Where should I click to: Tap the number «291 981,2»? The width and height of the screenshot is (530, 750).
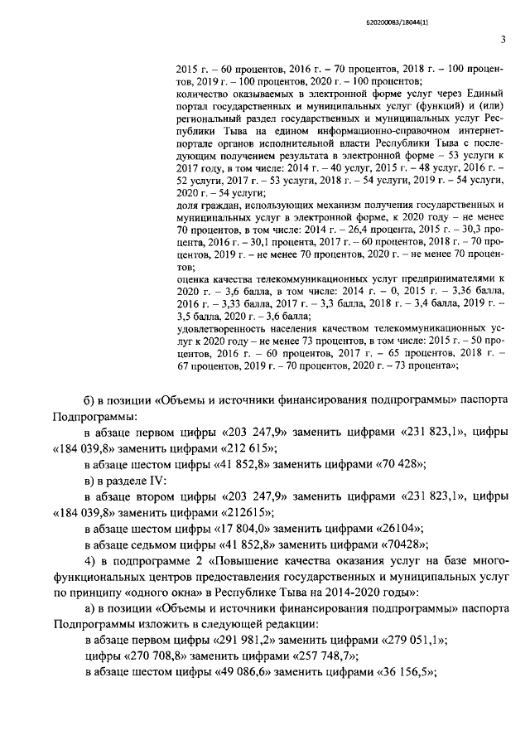click(258, 641)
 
